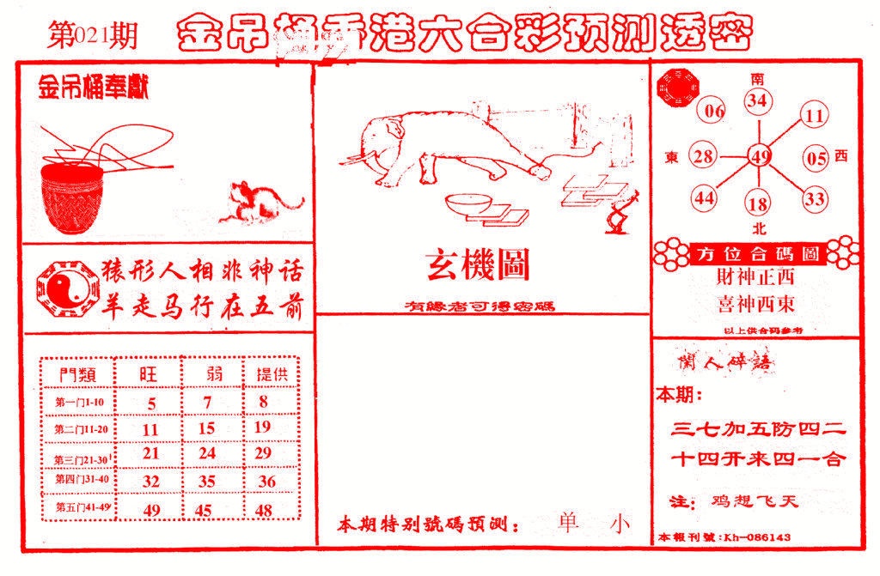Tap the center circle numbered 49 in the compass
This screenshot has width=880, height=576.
759,156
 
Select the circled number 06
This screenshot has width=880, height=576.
715,111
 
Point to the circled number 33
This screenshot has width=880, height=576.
815,199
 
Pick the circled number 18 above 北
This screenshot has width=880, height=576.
758,204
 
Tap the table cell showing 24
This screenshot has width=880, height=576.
206,452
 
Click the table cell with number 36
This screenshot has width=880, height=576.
266,482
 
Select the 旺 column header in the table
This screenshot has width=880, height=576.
150,373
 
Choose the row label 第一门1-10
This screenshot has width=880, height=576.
79,402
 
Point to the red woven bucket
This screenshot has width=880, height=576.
73,200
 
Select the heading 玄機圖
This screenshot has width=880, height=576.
478,265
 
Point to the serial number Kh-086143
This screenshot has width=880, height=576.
757,537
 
